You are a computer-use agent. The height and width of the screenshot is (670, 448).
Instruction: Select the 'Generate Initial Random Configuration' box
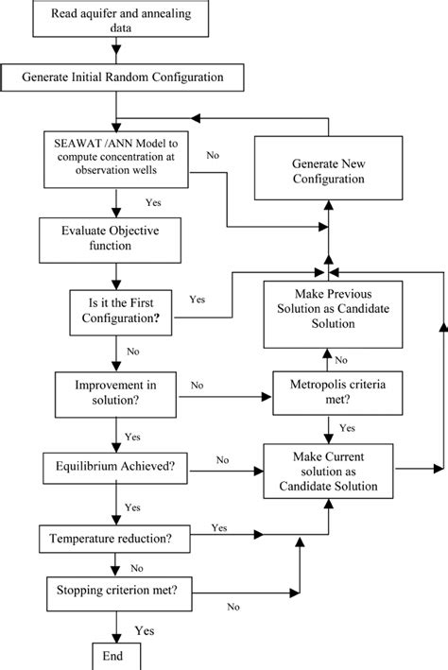114,75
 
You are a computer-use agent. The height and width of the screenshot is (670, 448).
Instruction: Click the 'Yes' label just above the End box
145,629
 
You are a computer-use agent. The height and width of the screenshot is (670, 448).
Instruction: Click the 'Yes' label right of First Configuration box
198,300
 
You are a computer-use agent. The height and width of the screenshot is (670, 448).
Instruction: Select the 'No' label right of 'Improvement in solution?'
198,385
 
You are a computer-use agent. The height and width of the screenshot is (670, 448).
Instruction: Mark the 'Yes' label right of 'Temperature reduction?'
218,526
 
